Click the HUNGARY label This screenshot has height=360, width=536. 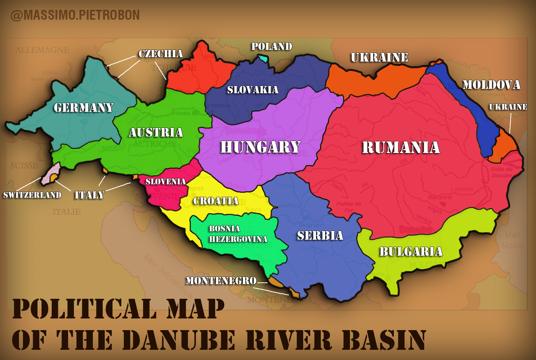pos(260,147)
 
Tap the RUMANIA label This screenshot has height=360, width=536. pos(401,148)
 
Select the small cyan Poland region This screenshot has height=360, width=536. pos(263,58)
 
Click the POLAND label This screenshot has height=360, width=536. pos(272,47)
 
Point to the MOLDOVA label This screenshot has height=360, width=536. pos(491,85)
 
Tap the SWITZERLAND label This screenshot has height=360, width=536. pos(32,195)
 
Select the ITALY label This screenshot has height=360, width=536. pos(90,195)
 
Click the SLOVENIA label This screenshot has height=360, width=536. pos(166,181)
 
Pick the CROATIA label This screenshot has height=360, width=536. pos(216,201)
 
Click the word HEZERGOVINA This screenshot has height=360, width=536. pos(238,239)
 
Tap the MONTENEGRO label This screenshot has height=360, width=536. pos(221,281)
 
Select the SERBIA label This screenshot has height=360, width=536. pos(320,236)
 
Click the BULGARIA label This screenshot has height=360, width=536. pos(411,252)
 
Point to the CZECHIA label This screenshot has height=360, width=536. pos(161,54)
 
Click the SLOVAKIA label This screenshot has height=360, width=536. pos(253,90)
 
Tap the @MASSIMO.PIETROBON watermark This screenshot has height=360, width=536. pos(75,15)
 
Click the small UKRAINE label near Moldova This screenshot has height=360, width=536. pos(508,107)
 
